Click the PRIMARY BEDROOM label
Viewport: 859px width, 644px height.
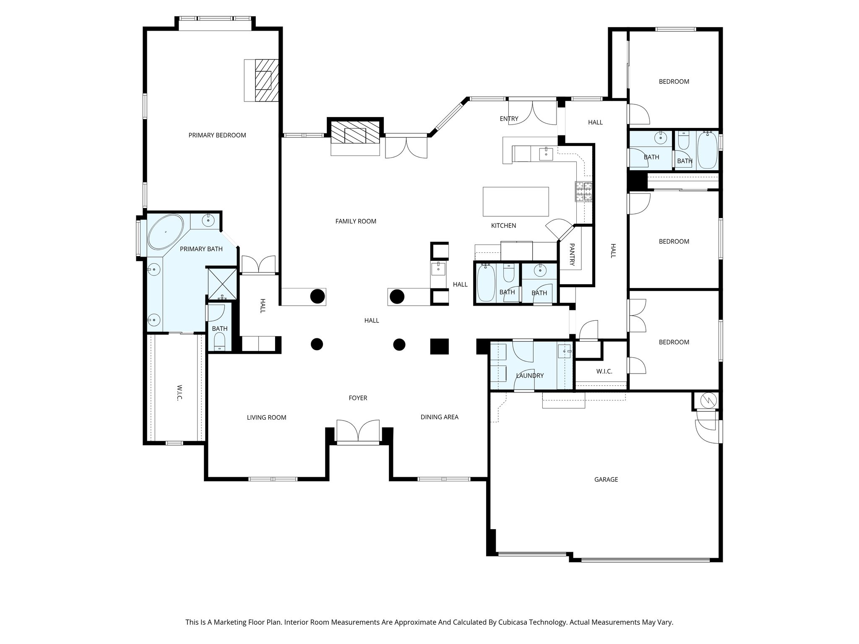tap(217, 135)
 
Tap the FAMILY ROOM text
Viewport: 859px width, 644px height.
tap(356, 221)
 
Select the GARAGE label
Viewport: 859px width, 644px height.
tap(606, 479)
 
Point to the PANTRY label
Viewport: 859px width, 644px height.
tap(572, 254)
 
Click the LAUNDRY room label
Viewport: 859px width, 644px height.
tap(530, 376)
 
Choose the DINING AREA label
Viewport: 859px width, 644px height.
tap(439, 417)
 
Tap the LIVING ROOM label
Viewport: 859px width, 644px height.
tap(266, 418)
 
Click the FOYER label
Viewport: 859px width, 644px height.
tap(358, 398)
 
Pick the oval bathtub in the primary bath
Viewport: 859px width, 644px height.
tap(166, 232)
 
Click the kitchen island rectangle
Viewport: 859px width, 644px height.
tap(516, 201)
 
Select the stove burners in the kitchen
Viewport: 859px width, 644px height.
tap(584, 192)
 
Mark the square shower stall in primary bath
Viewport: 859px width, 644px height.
tap(223, 283)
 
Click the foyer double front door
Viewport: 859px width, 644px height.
tap(358, 431)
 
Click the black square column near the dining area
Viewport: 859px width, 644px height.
tap(440, 346)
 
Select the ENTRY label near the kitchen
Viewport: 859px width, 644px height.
tap(509, 119)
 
